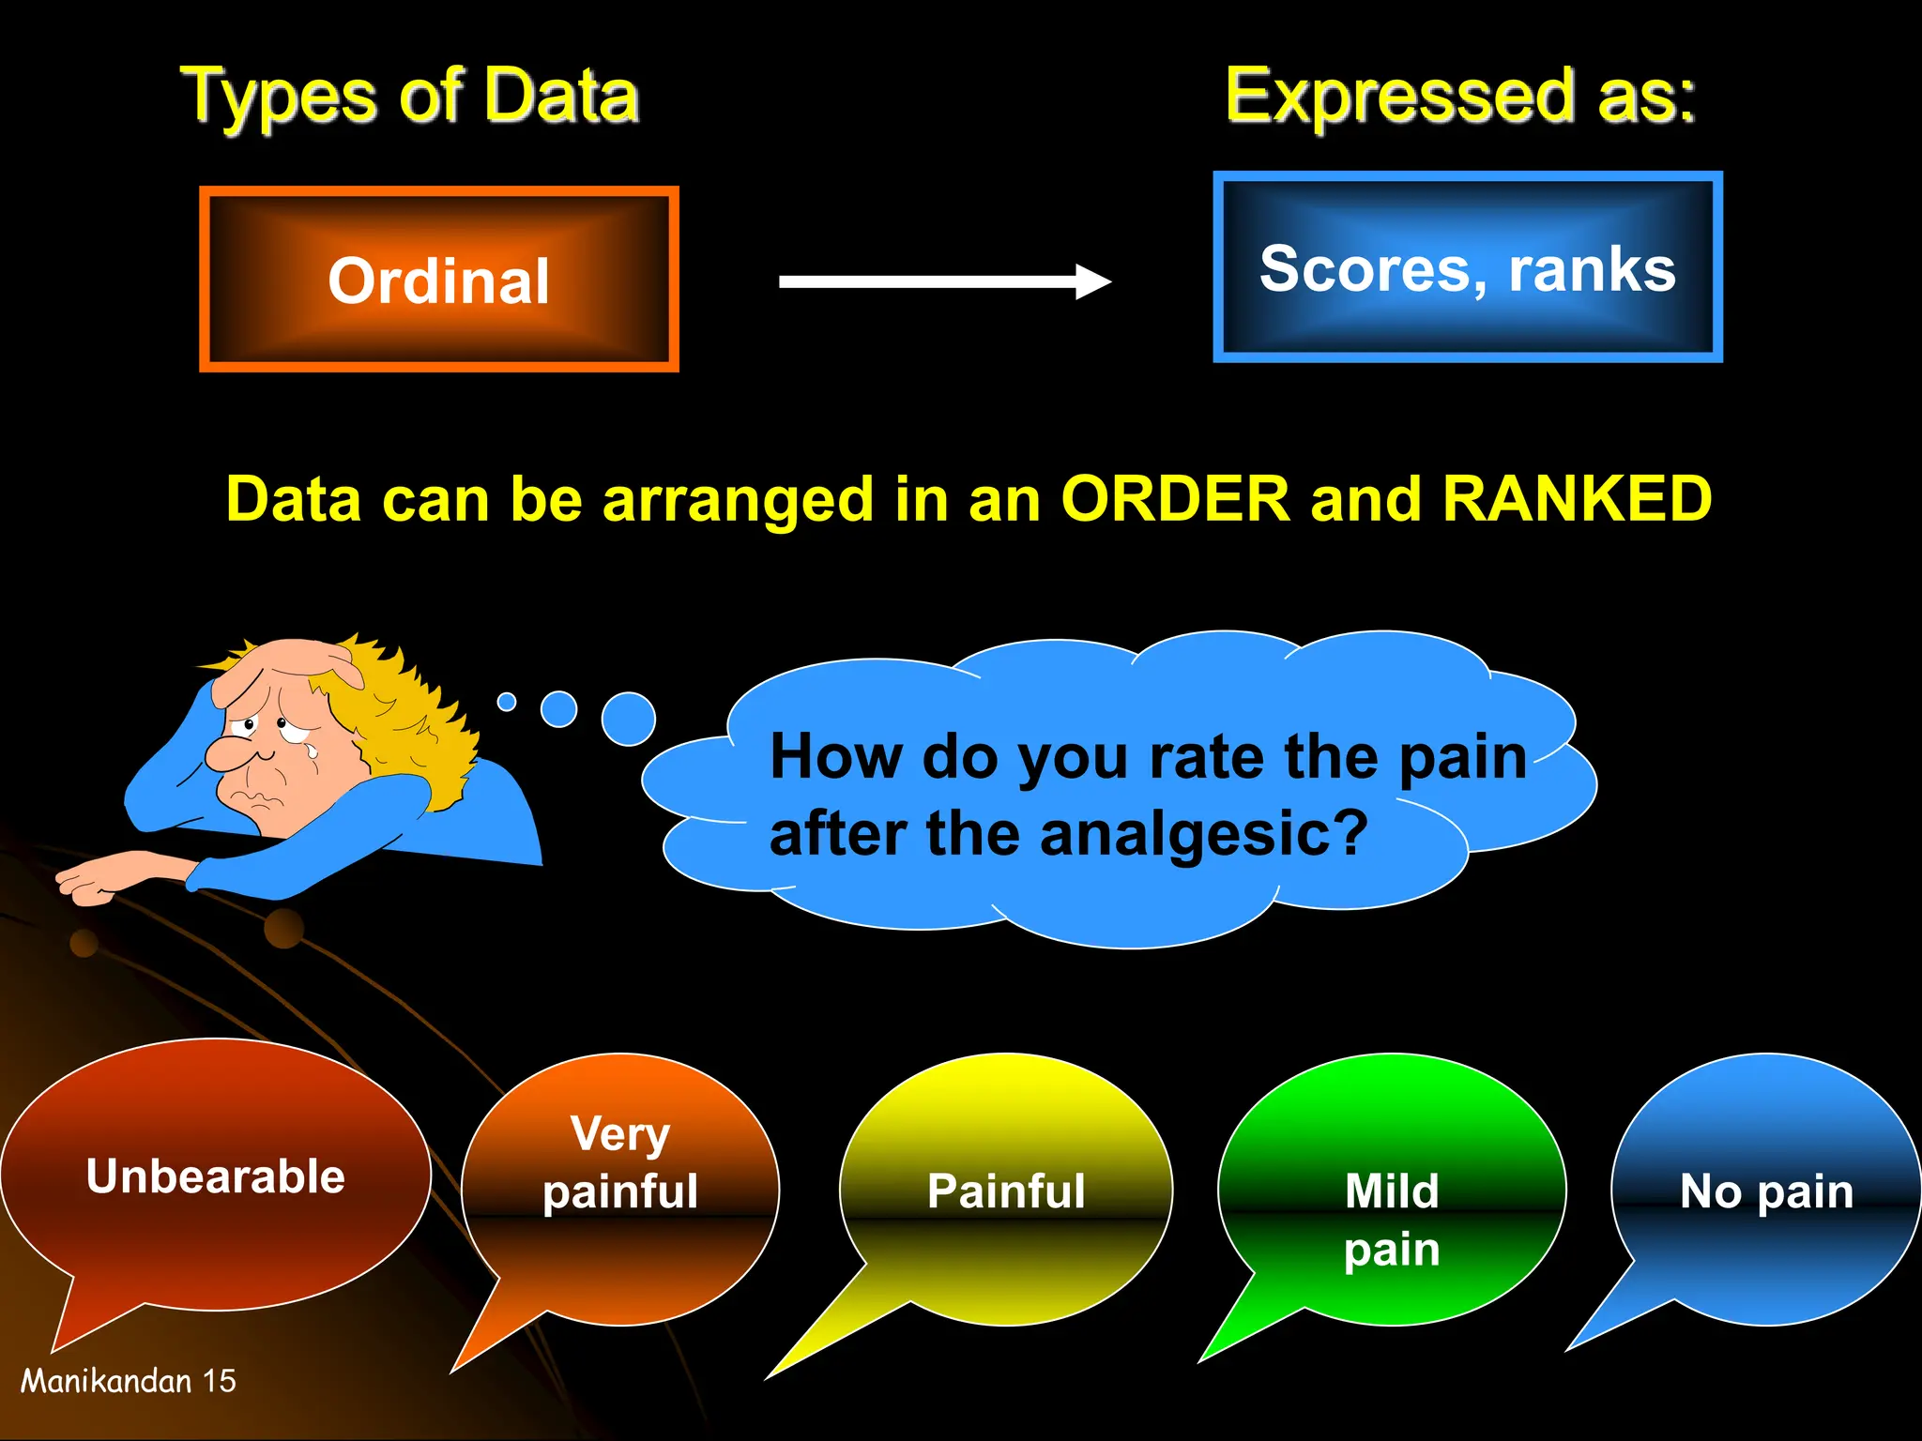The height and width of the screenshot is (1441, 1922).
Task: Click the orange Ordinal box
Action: tap(438, 280)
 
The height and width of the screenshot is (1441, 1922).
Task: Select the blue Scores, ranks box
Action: tap(1467, 267)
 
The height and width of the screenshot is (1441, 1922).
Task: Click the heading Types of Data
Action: tap(409, 96)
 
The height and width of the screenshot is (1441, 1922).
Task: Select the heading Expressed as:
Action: tap(1460, 96)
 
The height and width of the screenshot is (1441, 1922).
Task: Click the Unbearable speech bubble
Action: tap(216, 1176)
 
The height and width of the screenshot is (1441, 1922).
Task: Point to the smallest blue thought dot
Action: tap(507, 701)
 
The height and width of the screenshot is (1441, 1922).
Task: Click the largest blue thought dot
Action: tap(628, 719)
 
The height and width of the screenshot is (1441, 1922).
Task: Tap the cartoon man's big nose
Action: tap(228, 751)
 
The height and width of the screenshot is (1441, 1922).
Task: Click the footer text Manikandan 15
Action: tap(129, 1380)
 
